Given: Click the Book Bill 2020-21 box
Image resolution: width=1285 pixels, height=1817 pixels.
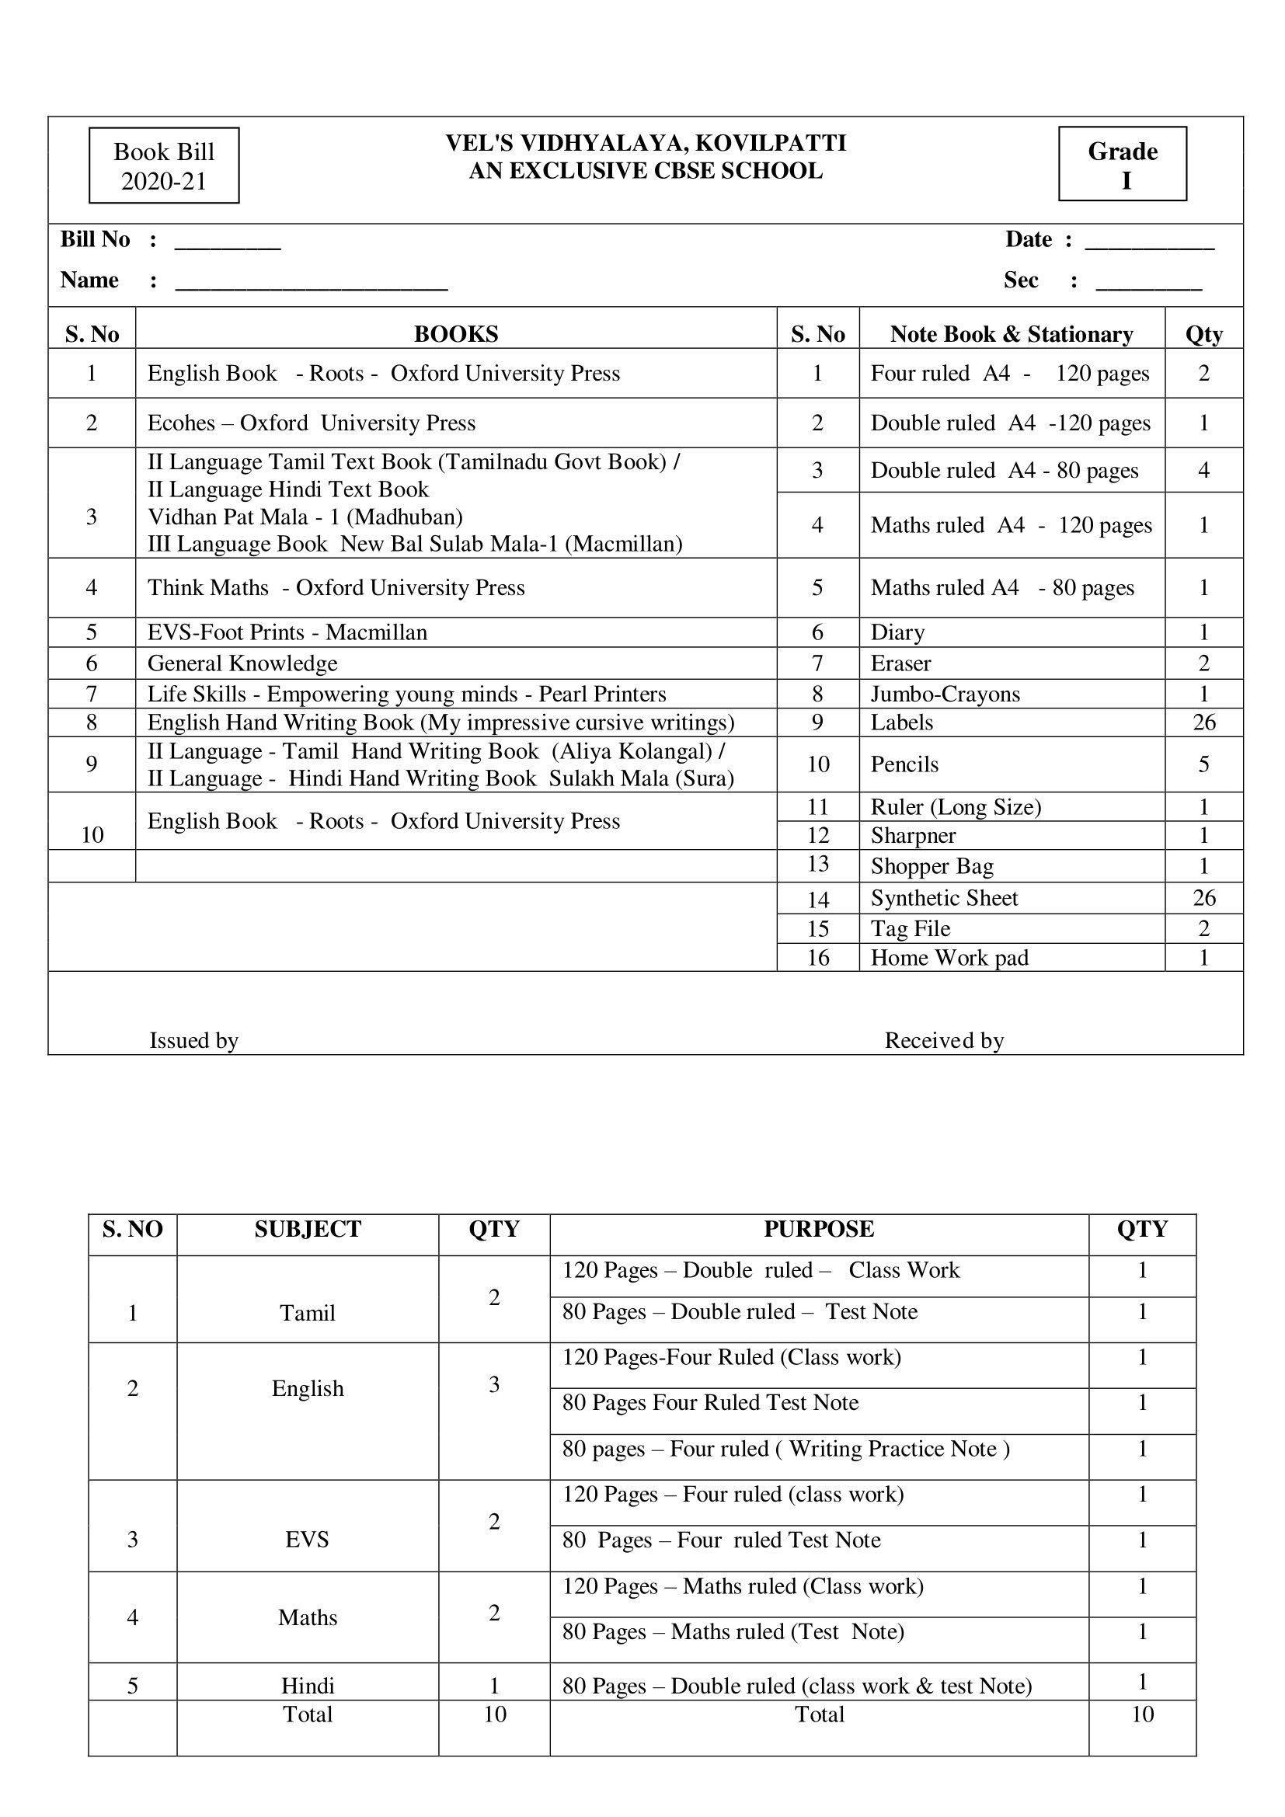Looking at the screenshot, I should coord(164,165).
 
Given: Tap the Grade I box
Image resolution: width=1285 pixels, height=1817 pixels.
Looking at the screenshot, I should coord(1122,165).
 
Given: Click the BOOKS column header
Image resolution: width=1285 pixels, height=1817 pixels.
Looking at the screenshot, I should coord(456,334).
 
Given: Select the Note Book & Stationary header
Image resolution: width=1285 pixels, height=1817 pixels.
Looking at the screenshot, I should coord(1012,334).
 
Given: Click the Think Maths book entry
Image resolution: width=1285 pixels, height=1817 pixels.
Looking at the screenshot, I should coord(336,587).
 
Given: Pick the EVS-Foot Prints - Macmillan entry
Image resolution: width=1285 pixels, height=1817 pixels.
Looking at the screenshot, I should coord(287,632).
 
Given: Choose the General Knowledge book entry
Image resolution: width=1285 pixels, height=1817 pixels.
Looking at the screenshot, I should coord(242,663).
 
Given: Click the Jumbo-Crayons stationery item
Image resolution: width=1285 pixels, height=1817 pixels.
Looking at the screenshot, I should coord(945,694).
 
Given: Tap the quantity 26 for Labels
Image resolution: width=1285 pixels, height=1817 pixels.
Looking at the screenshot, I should coord(1203,722).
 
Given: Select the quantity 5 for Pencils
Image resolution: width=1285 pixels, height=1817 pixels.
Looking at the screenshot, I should coord(1203,764).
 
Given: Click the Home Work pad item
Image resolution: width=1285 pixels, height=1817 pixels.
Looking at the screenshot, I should coord(949,958).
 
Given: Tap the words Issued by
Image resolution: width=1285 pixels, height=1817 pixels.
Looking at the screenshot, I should coord(194,1040).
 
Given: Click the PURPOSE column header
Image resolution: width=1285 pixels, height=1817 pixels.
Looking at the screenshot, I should coord(819,1228).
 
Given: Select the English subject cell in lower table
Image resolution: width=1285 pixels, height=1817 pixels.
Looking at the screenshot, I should coord(308,1388).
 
